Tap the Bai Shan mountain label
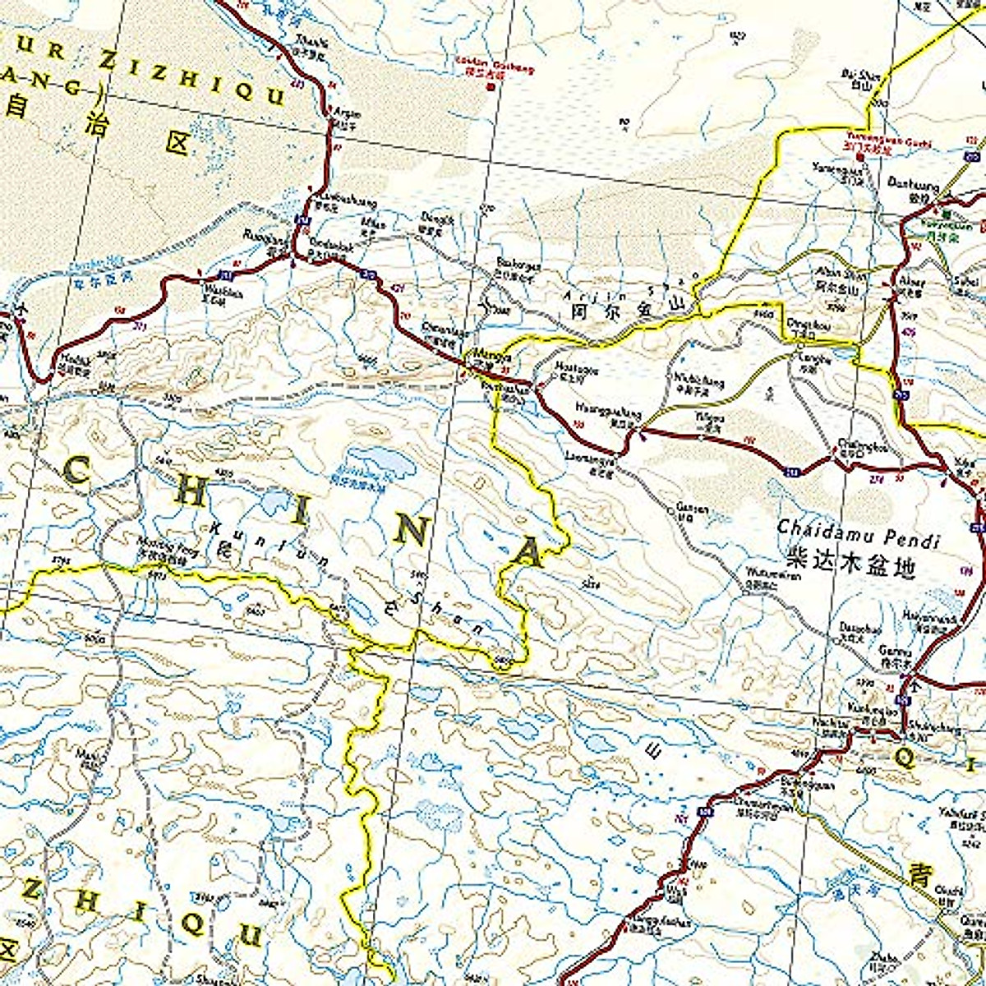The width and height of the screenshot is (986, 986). pyautogui.click(x=860, y=76)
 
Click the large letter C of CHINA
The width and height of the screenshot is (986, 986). pyautogui.click(x=76, y=472)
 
